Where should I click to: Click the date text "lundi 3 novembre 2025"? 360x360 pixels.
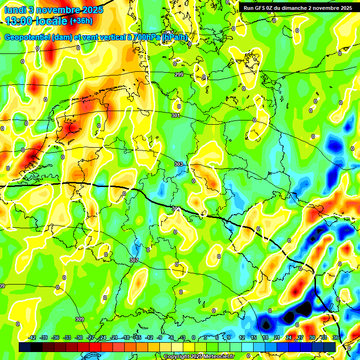click(x=49, y=10)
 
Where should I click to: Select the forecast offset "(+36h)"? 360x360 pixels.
click(x=81, y=21)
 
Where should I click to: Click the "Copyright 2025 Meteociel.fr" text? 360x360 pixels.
click(x=199, y=357)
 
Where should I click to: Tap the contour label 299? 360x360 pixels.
click(x=179, y=75)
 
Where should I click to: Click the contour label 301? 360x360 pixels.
click(x=176, y=115)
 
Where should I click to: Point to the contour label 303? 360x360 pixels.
click(x=179, y=165)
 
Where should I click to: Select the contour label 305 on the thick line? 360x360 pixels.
click(x=176, y=209)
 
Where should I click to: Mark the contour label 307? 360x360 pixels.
click(x=134, y=260)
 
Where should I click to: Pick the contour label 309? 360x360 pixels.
click(x=80, y=319)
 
